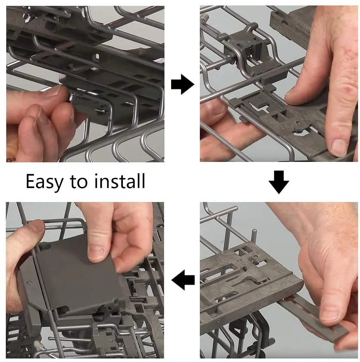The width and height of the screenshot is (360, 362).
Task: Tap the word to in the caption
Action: click(79, 182)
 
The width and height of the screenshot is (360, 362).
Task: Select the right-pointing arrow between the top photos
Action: click(183, 84)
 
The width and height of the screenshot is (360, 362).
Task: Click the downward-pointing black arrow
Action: click(279, 182)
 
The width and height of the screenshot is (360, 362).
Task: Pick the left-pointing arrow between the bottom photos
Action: click(183, 280)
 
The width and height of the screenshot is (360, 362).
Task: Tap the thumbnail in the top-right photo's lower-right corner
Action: click(339, 148)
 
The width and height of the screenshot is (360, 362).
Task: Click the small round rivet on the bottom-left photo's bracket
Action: click(29, 283)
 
